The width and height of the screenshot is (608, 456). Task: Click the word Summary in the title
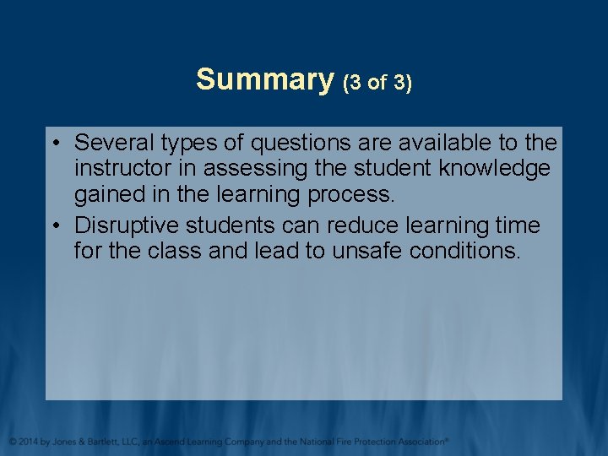[x=265, y=79]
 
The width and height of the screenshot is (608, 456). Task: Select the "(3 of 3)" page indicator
[x=377, y=83]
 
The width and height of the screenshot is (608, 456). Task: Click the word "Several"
[x=108, y=141]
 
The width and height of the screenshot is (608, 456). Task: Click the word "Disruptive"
[x=127, y=225]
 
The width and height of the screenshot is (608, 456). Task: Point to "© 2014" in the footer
[x=24, y=441]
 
